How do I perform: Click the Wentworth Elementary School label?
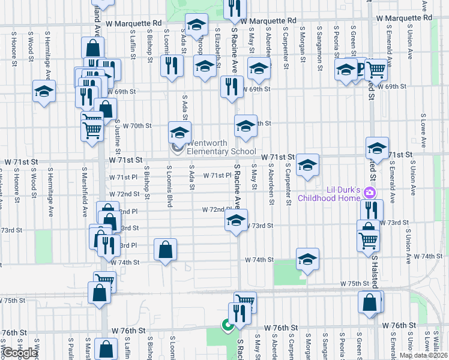click(221, 148)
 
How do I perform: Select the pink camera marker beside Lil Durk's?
click(370, 193)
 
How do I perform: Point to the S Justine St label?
click(118, 137)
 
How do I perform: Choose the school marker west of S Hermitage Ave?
click(44, 92)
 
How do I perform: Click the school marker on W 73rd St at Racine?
click(237, 221)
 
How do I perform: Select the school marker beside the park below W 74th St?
click(307, 259)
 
